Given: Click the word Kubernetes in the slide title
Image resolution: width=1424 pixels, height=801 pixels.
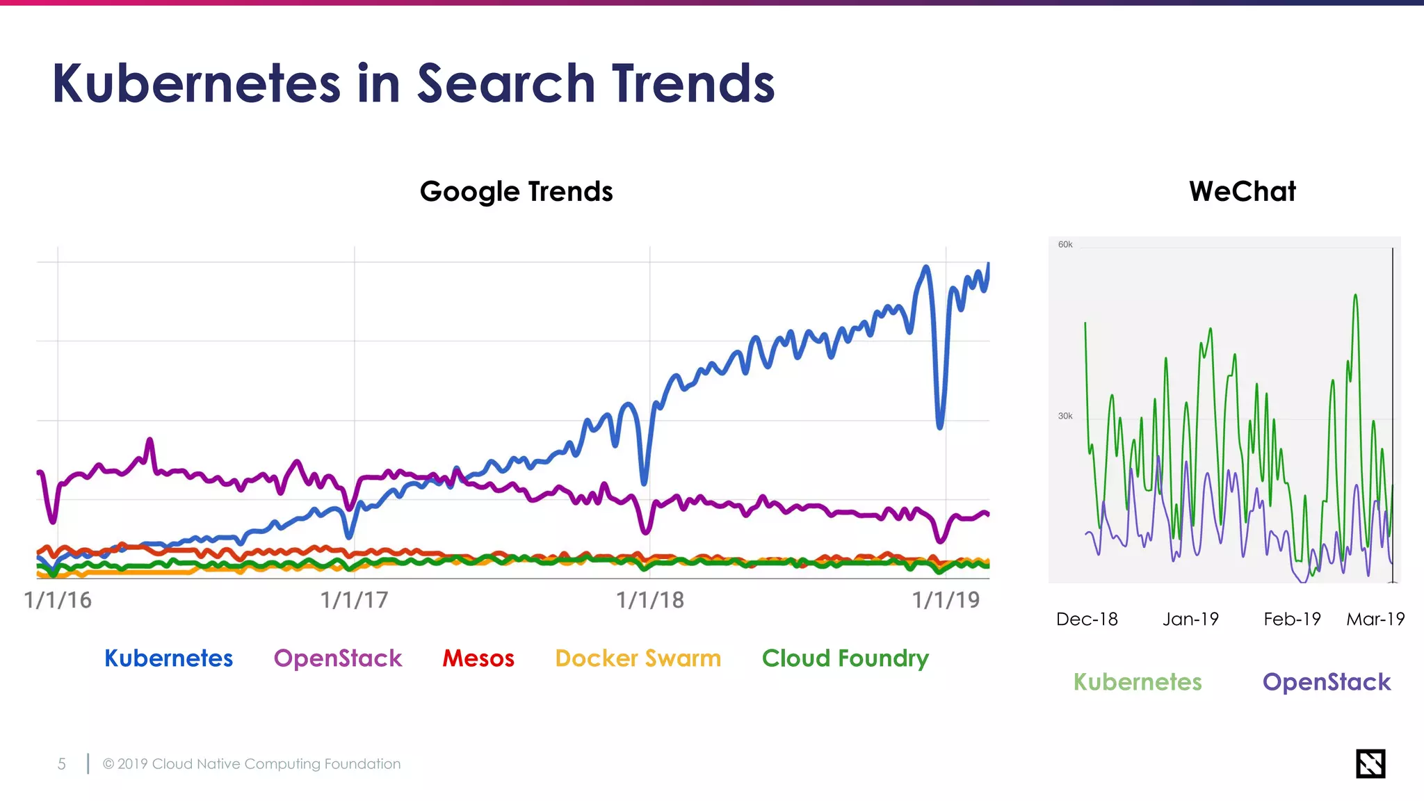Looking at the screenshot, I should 196,83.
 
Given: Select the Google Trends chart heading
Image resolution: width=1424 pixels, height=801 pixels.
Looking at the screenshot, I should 516,191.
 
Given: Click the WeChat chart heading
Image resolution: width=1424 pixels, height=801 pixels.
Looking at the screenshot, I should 1242,191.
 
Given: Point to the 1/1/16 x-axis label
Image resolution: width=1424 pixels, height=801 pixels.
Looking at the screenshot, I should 58,600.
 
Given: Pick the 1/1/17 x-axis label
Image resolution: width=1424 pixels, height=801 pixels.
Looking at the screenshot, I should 354,600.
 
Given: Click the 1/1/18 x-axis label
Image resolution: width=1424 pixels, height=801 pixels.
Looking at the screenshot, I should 650,600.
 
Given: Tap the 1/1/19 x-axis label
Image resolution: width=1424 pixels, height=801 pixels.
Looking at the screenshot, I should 946,600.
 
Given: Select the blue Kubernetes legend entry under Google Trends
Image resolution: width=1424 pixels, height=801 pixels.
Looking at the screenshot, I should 168,658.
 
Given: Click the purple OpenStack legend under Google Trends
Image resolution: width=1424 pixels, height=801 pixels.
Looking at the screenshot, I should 338,658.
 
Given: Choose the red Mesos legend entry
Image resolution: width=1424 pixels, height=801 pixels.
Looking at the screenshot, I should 478,658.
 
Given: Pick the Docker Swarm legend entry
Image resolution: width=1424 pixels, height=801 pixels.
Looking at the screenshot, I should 638,658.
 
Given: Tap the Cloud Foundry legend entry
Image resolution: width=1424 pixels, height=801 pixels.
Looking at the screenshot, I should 845,658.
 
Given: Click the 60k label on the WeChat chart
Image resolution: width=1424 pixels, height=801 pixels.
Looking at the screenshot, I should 1065,245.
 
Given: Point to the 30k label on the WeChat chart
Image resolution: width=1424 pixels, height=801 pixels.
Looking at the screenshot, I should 1065,416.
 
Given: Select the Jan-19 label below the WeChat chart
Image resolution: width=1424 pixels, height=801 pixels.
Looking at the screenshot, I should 1190,619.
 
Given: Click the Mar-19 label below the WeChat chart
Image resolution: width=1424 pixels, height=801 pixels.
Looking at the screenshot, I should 1375,619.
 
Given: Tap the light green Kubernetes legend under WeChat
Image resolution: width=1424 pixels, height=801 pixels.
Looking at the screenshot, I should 1138,681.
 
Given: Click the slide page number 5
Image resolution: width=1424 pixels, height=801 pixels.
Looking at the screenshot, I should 62,764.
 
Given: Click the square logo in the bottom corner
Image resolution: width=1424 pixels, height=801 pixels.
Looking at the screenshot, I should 1370,763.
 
